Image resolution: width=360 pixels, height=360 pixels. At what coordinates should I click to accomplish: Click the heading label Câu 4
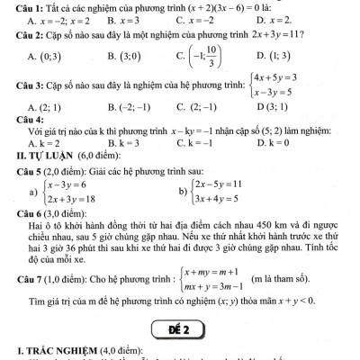coord(18,119)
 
